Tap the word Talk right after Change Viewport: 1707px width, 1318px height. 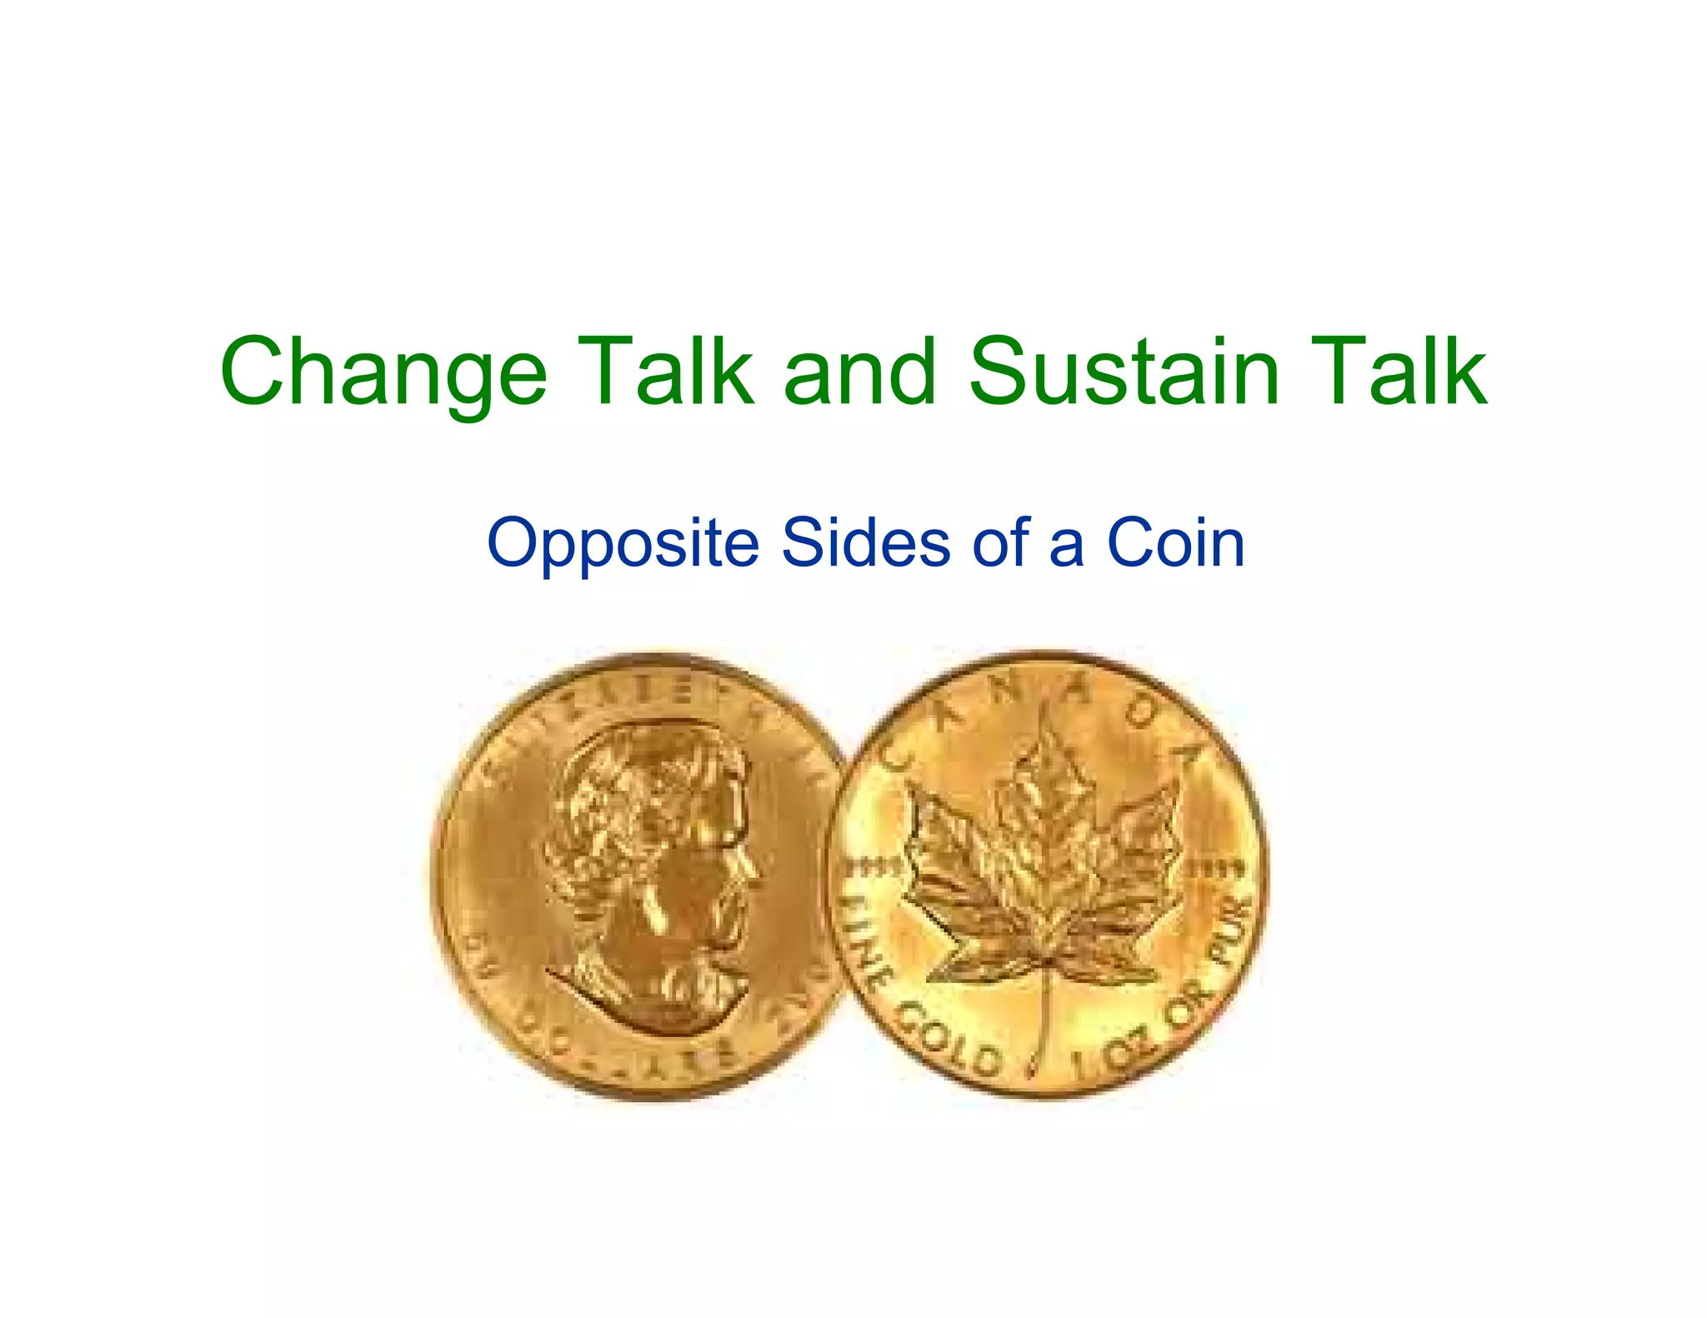tap(670, 371)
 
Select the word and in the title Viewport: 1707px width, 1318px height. tap(860, 372)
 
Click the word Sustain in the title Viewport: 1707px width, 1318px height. tap(1124, 371)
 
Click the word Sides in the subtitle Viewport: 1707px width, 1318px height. tap(866, 542)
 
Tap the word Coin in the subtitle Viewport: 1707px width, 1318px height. tap(1175, 542)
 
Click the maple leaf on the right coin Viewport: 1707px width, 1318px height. tap(1042, 866)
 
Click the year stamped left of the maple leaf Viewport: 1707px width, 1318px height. tap(874, 867)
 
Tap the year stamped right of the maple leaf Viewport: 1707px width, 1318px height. tap(1214, 867)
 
